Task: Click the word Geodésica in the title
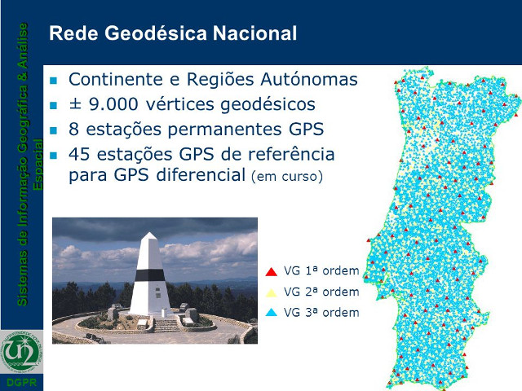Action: [157, 33]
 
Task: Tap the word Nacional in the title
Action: [254, 33]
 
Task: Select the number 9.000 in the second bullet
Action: [113, 104]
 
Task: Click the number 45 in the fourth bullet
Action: [79, 154]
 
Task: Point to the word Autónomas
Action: [309, 79]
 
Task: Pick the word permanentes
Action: [225, 130]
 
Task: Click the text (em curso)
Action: [287, 176]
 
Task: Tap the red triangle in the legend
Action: [272, 271]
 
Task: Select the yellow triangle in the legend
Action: [272, 292]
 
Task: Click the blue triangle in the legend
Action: [272, 312]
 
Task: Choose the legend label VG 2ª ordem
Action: [321, 292]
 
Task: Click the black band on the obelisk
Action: [149, 275]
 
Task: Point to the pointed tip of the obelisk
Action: [149, 233]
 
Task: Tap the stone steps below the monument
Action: [166, 325]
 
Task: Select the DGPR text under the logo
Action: [22, 382]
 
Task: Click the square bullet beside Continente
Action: [53, 81]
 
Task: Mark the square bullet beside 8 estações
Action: [53, 130]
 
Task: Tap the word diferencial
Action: [201, 174]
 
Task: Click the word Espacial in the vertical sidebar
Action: [38, 165]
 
